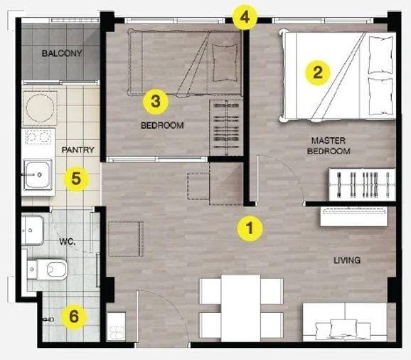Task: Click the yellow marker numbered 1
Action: [x=250, y=228]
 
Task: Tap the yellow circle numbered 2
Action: [x=317, y=73]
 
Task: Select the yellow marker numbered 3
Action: [x=156, y=102]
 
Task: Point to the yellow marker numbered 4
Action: [x=245, y=17]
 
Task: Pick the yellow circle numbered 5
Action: [x=76, y=179]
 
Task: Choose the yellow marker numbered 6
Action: [x=74, y=317]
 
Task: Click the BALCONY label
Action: [x=62, y=53]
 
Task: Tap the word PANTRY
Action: [x=78, y=149]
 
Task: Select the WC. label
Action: [x=68, y=241]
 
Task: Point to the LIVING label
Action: [x=347, y=260]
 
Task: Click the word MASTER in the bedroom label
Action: [x=329, y=141]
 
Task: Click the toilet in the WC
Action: [x=47, y=269]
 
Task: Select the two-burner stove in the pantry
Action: [x=38, y=137]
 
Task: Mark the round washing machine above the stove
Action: [x=40, y=107]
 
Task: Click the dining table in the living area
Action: [x=241, y=308]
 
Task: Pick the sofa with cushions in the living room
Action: [x=345, y=322]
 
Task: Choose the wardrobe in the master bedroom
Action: [x=362, y=184]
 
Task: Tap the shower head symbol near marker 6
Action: [x=48, y=319]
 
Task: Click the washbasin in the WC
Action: [x=32, y=231]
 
